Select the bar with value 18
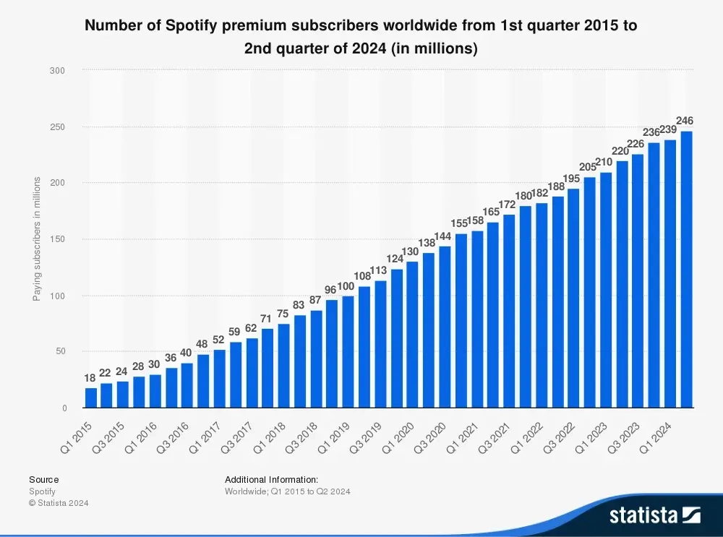[x=90, y=398]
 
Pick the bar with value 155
[x=461, y=321]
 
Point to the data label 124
[x=395, y=258]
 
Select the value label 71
[x=267, y=318]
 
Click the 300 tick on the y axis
[x=59, y=71]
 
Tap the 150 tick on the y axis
[x=59, y=239]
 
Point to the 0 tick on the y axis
[x=64, y=408]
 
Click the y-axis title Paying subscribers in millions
[x=37, y=239]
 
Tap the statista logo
[x=654, y=515]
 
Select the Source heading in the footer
[x=43, y=479]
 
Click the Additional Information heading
[x=271, y=479]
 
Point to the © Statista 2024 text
[x=59, y=503]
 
